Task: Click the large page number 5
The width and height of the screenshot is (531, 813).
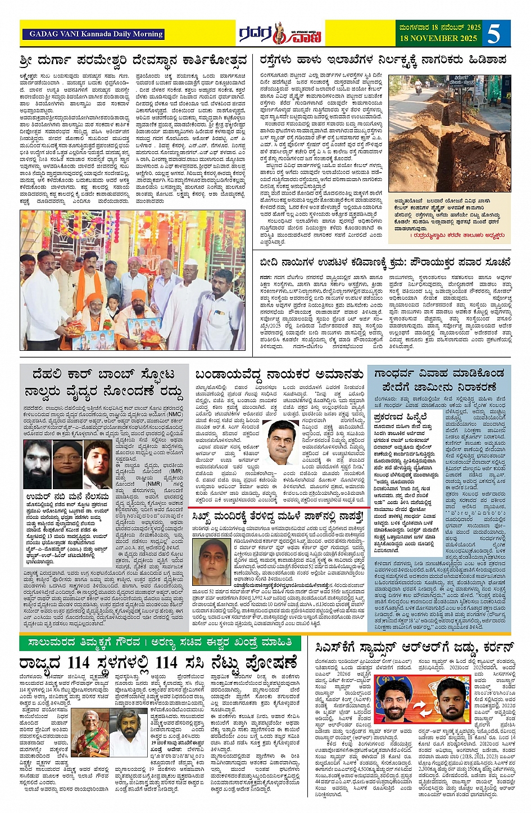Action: tap(494, 34)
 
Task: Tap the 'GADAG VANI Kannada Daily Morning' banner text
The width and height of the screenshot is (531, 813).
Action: tap(93, 34)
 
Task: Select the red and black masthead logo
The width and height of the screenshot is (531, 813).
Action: tap(279, 34)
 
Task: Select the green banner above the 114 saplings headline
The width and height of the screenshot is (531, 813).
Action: tap(160, 642)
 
